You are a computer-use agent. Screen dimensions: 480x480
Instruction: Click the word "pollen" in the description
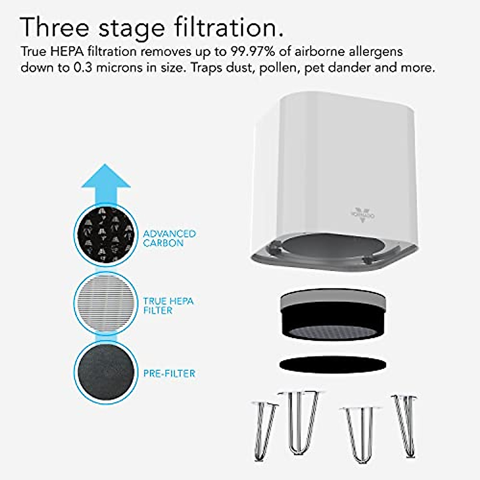278,67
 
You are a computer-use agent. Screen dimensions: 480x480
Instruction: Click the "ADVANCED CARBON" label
170,238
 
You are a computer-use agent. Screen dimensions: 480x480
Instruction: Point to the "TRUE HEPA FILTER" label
168,306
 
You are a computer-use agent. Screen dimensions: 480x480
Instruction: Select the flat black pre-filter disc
332,364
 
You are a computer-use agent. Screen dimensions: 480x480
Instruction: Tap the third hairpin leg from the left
360,432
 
